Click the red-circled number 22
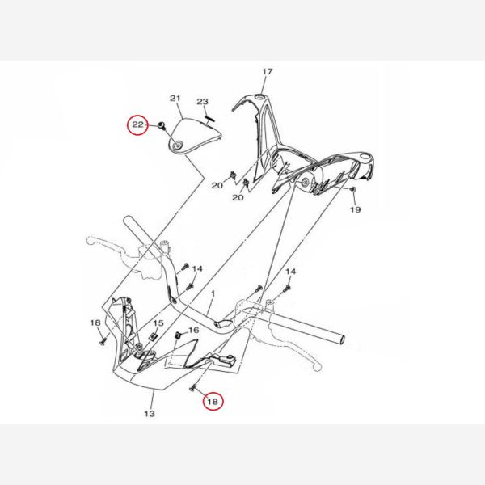tap(137, 124)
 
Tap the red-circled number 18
tap(213, 402)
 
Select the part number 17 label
tap(268, 71)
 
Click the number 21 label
tap(175, 99)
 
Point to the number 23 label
tap(203, 102)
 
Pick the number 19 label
tap(356, 209)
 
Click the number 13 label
tap(150, 414)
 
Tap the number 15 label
tap(158, 323)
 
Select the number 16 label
tap(194, 331)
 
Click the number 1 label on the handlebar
tap(213, 293)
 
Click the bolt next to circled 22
tap(161, 125)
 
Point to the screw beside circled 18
tap(192, 386)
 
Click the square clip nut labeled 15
tap(153, 336)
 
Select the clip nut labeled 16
tap(178, 335)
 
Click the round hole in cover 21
tap(178, 146)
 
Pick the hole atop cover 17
tap(261, 98)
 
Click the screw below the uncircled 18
tap(103, 341)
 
